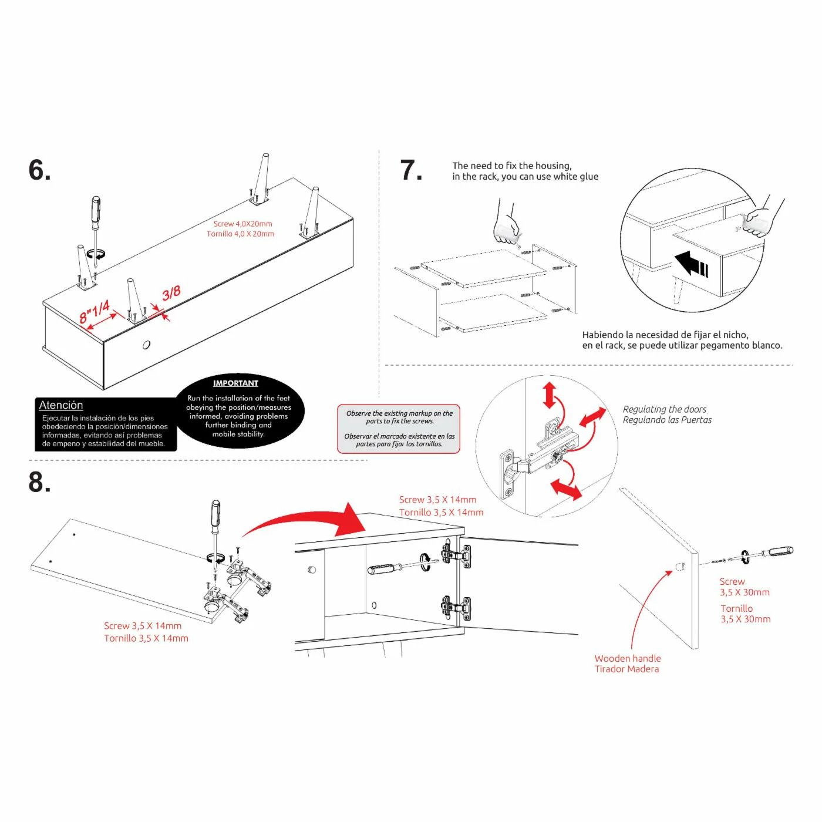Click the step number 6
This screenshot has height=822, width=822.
[x=39, y=170]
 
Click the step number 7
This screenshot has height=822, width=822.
[x=410, y=170]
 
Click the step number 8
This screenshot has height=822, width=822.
[x=39, y=482]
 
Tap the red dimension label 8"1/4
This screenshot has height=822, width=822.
[x=95, y=311]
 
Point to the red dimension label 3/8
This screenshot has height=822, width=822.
[x=171, y=293]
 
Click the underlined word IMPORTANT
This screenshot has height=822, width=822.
[x=235, y=383]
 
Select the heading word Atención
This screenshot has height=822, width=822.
[x=61, y=405]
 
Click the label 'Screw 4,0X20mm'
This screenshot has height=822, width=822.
[x=242, y=224]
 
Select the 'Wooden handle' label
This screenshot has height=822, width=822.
[x=627, y=659]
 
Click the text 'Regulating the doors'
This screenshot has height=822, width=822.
[x=664, y=409]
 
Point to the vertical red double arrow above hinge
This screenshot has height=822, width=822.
[x=549, y=395]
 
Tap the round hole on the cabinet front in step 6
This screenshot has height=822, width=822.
[x=146, y=345]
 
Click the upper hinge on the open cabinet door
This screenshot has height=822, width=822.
[x=456, y=555]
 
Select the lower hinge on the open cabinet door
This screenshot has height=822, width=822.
[x=456, y=607]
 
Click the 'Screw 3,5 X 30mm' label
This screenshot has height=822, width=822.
[x=744, y=587]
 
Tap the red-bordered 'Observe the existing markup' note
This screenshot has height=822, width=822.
[x=399, y=429]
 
